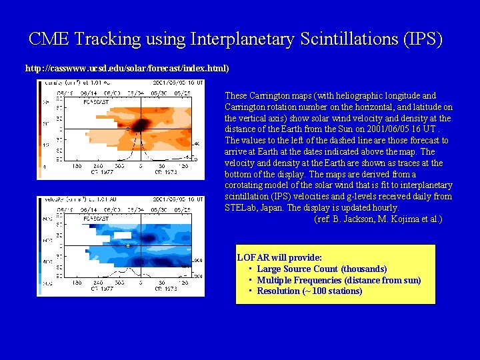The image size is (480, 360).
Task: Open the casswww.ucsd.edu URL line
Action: point(127,68)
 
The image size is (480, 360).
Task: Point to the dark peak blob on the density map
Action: point(141,125)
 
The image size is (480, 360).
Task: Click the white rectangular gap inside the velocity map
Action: point(123,235)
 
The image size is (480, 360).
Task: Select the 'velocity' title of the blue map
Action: point(53,199)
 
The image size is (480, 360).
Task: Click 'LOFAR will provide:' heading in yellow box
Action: point(280,257)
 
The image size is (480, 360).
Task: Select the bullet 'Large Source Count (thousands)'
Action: point(321,269)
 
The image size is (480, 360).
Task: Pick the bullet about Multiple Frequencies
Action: point(339,280)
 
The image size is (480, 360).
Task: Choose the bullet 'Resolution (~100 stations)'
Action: point(309,291)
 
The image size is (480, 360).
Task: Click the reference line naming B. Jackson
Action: point(377,219)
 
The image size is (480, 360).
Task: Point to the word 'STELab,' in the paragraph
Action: point(241,207)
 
